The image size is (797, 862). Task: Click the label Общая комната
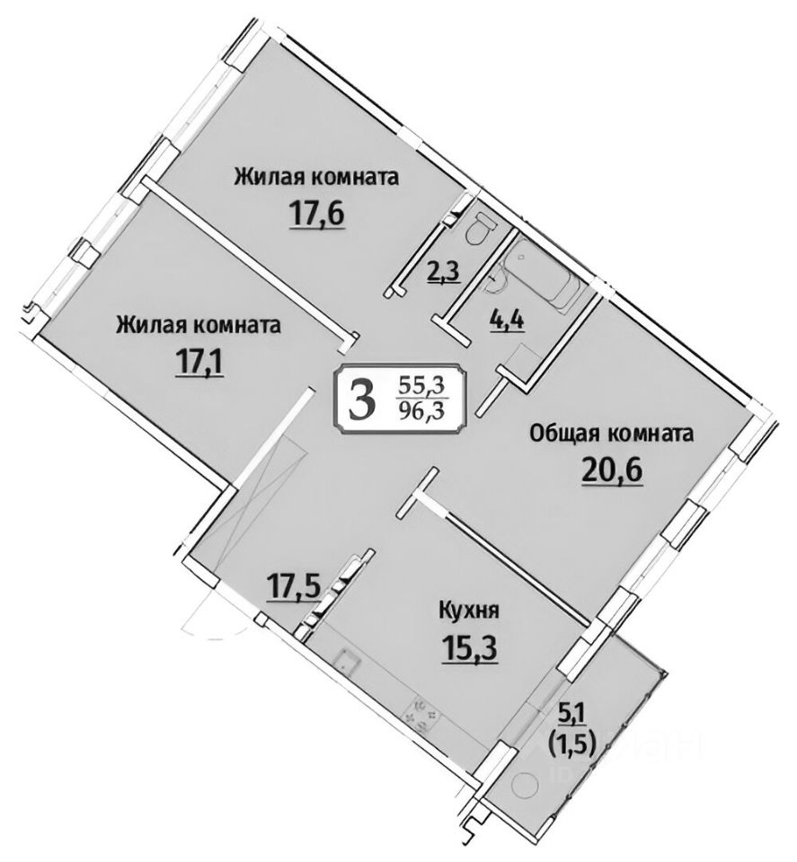coord(612,435)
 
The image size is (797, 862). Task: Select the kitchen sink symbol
coord(346,664)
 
